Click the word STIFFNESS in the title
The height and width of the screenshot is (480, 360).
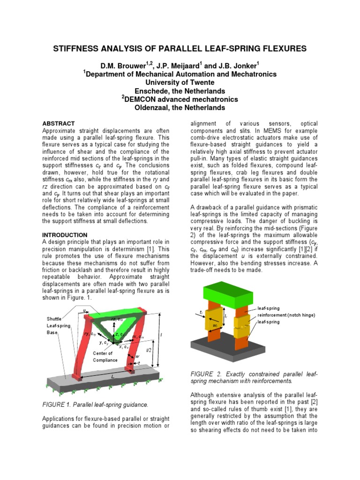coord(83,48)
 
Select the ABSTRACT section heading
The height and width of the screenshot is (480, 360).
coord(59,123)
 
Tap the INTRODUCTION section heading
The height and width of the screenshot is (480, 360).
coord(65,235)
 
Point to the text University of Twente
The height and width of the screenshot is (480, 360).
coord(180,82)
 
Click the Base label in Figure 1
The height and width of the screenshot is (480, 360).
coord(51,332)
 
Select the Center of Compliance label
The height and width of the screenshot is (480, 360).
coord(106,356)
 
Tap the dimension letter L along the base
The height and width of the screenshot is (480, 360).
coord(112,376)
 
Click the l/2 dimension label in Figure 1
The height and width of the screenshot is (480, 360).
coord(149,350)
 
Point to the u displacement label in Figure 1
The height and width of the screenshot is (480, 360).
coord(84,310)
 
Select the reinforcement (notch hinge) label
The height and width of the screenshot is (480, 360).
coord(286,315)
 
